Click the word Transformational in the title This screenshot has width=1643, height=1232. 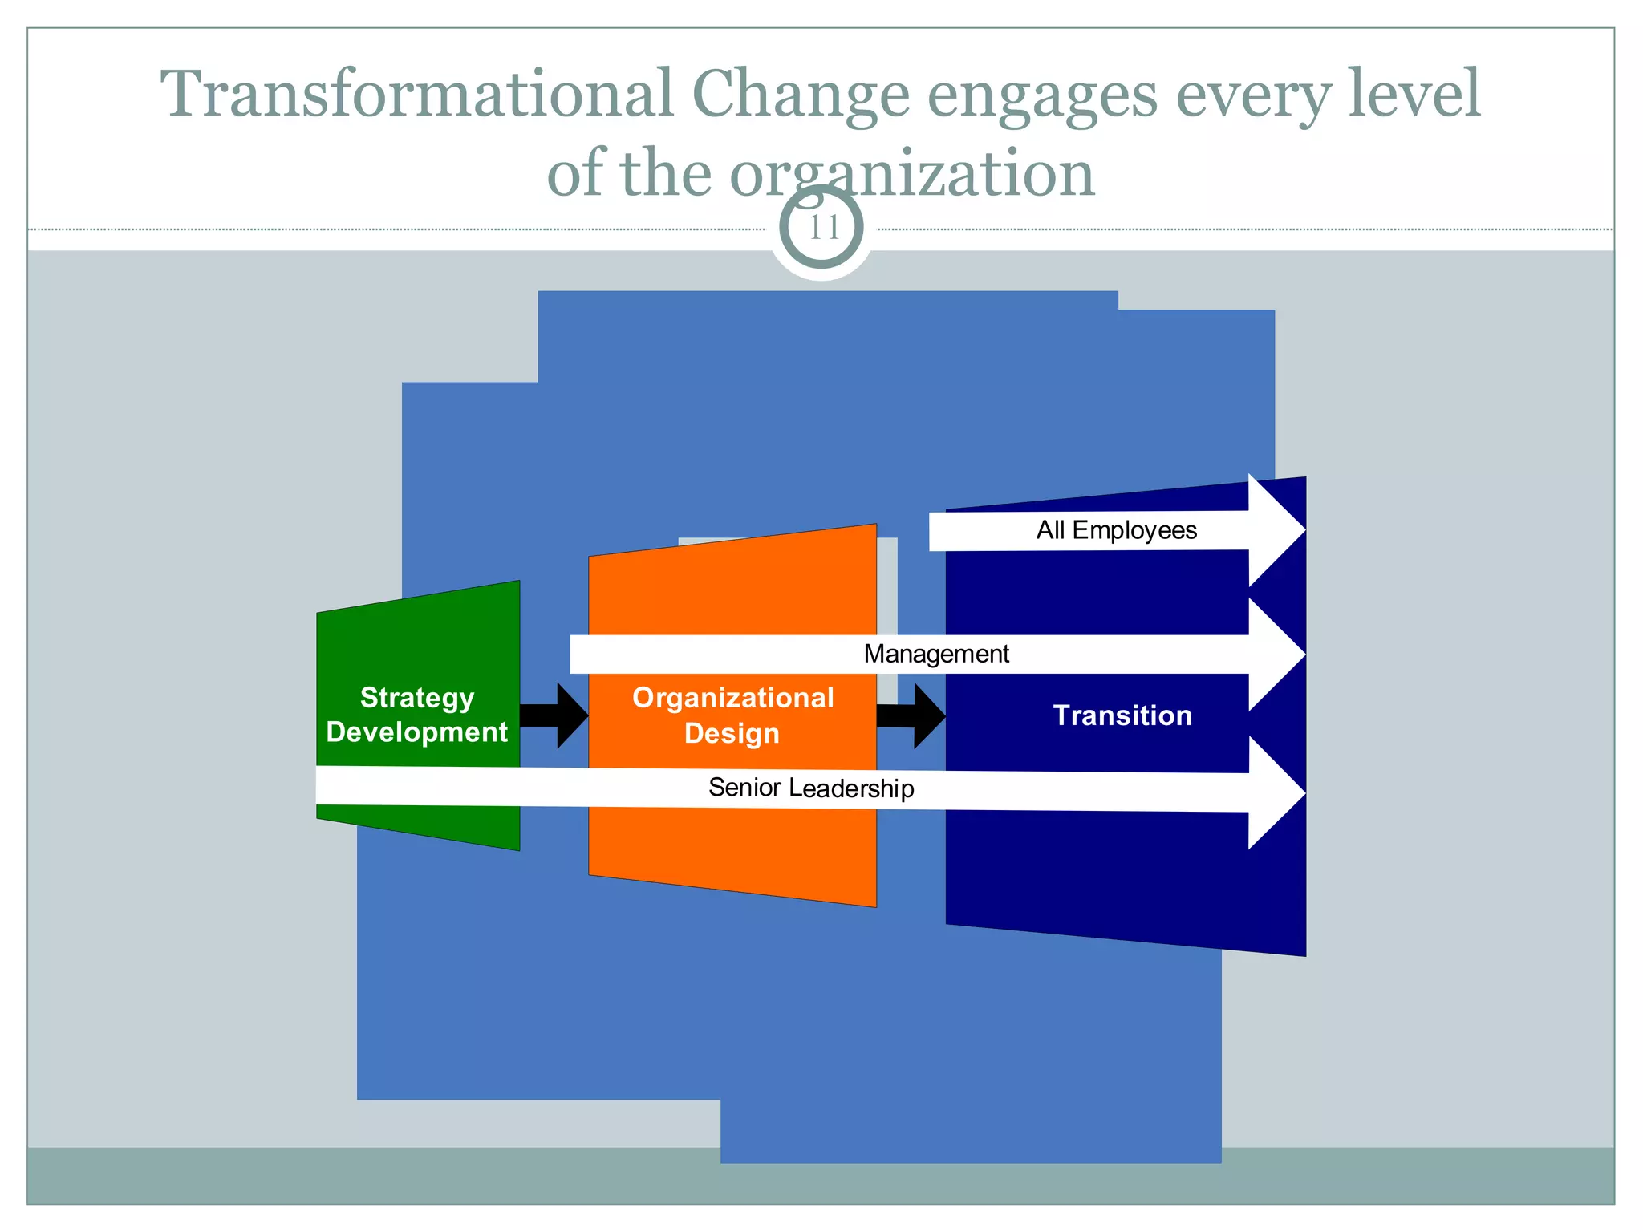click(x=416, y=95)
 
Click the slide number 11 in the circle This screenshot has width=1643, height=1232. click(x=822, y=228)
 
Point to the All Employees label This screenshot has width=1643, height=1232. click(x=1116, y=530)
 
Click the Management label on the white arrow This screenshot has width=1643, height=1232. click(x=936, y=654)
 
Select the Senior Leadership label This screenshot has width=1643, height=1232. click(x=811, y=788)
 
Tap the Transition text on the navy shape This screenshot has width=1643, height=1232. click(x=1122, y=715)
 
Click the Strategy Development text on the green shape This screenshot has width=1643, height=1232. click(x=417, y=715)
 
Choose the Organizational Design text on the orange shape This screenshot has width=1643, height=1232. click(x=732, y=715)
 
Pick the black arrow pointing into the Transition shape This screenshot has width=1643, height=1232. click(x=912, y=715)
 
